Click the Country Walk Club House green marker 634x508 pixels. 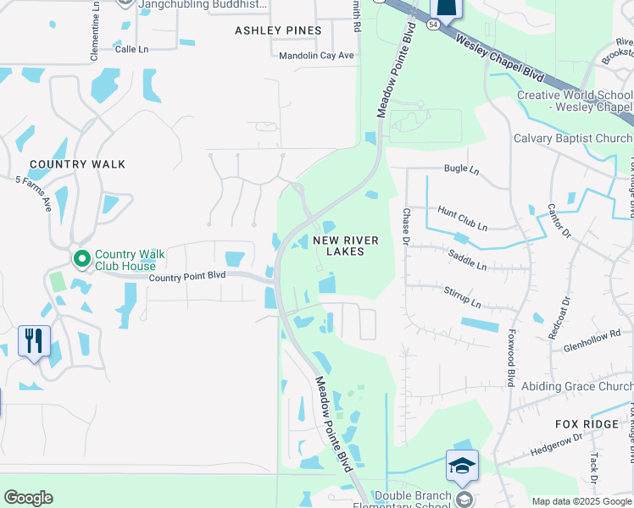pyautogui.click(x=82, y=258)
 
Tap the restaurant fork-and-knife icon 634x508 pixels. pyautogui.click(x=34, y=340)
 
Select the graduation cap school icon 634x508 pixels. pyautogui.click(x=462, y=466)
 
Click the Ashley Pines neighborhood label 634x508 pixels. pyautogui.click(x=278, y=30)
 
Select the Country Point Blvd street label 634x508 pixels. pyautogui.click(x=187, y=277)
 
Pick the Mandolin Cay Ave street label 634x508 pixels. pyautogui.click(x=316, y=56)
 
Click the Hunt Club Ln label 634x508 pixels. pyautogui.click(x=462, y=219)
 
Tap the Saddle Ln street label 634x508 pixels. pyautogui.click(x=467, y=259)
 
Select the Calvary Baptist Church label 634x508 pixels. pyautogui.click(x=573, y=138)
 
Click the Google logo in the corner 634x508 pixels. pyautogui.click(x=29, y=498)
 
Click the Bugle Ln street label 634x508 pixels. pyautogui.click(x=461, y=169)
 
